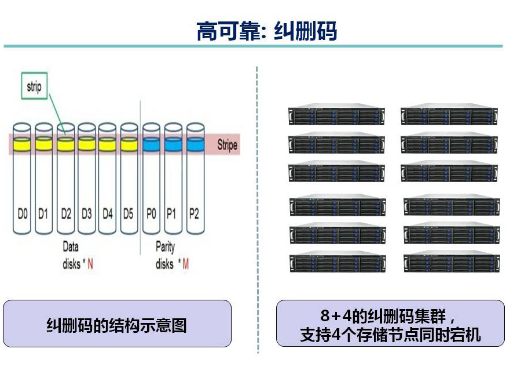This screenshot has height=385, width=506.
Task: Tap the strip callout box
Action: (x=34, y=87)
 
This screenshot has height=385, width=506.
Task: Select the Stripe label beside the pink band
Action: (x=227, y=145)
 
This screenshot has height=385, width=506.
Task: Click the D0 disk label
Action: (x=22, y=214)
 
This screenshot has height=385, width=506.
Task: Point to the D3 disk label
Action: (x=86, y=214)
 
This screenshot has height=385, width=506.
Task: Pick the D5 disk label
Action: (x=129, y=214)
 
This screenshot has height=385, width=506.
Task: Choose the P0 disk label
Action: (x=151, y=214)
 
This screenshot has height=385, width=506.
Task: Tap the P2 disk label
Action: (x=194, y=214)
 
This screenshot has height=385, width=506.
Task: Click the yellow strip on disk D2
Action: (x=65, y=143)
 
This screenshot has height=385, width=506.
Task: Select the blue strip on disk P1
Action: (x=173, y=143)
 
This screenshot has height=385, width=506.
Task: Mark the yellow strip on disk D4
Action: (x=108, y=143)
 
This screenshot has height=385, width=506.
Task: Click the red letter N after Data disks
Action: (x=90, y=264)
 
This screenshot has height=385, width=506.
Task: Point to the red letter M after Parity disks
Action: (x=185, y=264)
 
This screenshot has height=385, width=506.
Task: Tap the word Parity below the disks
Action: (x=165, y=247)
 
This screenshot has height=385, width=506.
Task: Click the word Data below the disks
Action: (x=71, y=247)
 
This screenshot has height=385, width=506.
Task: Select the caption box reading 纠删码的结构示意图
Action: (x=116, y=325)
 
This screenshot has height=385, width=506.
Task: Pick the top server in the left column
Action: (x=336, y=115)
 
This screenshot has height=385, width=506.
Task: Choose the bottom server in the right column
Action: (x=451, y=262)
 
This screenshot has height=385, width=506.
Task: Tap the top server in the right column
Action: (x=449, y=115)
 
